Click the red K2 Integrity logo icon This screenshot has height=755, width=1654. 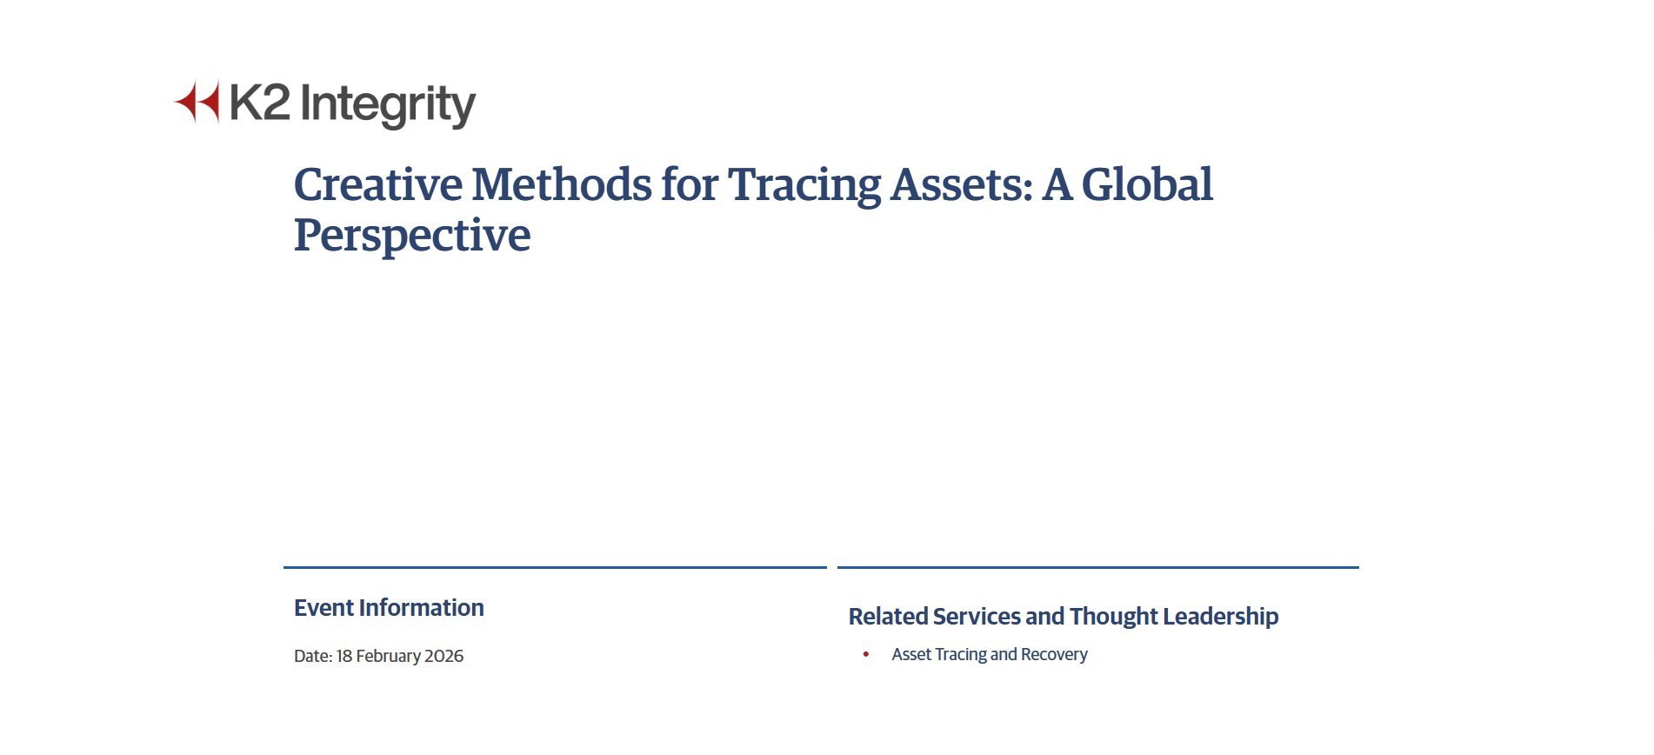coord(197,102)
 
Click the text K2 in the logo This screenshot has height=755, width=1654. coord(260,103)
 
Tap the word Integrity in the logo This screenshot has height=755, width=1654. coord(388,106)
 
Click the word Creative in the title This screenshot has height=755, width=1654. coord(378,184)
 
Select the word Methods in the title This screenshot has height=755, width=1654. coord(562,184)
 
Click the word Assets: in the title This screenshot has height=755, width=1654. coord(962,184)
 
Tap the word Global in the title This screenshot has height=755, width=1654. coord(1147,184)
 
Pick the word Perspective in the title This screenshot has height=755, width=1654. coord(412,237)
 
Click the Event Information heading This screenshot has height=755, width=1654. coord(389,607)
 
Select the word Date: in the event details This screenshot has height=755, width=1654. coord(313,656)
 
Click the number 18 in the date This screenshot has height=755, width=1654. coord(344,656)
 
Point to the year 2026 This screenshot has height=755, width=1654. coord(444,656)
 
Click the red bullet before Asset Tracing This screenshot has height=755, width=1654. coord(866,654)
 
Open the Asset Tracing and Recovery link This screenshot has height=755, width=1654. coord(990,654)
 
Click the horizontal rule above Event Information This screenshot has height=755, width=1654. coord(555,567)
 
